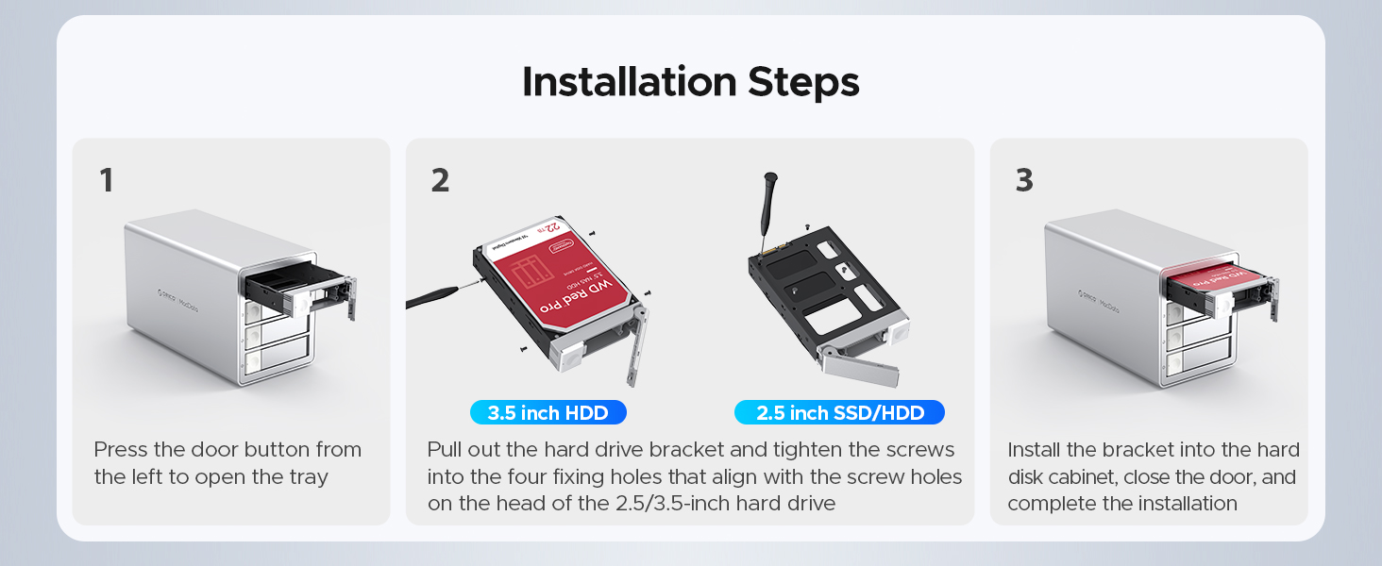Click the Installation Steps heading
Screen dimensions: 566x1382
pos(690,82)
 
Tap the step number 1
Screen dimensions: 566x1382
pos(107,180)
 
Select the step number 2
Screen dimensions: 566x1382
pos(440,180)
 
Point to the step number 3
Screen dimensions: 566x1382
pos(1024,180)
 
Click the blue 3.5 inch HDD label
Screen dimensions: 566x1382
pos(548,412)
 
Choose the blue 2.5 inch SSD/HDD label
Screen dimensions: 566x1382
pos(839,412)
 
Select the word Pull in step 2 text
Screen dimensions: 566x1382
pos(447,450)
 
